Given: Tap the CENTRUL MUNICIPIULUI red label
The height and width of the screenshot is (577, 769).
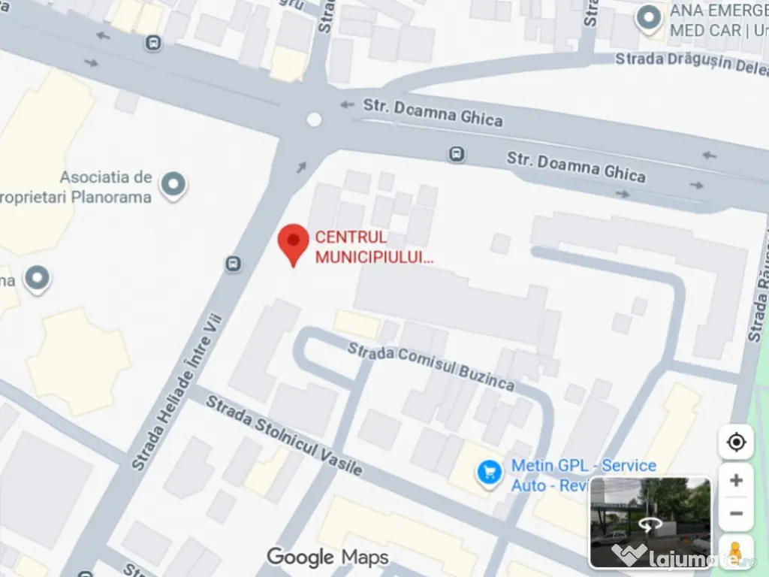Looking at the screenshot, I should [373, 247].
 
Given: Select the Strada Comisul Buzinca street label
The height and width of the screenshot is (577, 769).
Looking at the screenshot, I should [431, 366].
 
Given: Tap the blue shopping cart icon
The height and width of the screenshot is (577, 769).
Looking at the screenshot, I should [490, 473].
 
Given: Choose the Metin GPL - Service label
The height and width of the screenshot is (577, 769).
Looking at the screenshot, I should [584, 466].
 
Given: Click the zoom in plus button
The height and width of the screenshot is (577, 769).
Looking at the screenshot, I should [736, 481].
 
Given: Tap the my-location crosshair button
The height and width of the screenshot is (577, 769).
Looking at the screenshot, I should [736, 442].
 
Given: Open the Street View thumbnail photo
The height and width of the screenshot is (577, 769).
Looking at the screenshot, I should [650, 522].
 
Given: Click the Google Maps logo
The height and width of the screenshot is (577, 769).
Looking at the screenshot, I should [328, 557].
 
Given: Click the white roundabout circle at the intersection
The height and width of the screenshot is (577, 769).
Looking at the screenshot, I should [315, 119].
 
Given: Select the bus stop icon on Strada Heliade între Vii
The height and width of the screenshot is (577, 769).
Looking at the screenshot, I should [234, 263].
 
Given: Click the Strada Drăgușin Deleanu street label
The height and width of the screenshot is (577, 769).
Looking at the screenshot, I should [692, 63].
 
